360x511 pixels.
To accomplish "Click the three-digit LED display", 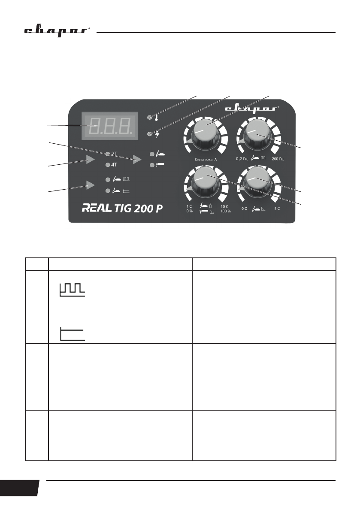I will [110, 126].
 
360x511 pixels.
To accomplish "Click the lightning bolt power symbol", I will [157, 134].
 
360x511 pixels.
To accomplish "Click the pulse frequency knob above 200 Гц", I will [256, 132].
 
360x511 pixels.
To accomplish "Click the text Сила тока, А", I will [204, 159].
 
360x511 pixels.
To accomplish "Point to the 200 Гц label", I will [278, 159].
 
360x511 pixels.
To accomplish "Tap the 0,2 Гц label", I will [243, 159].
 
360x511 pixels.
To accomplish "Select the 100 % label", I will [226, 211].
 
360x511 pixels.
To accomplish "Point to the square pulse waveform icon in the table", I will [73, 290].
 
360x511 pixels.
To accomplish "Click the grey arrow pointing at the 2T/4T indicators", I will [90, 159].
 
